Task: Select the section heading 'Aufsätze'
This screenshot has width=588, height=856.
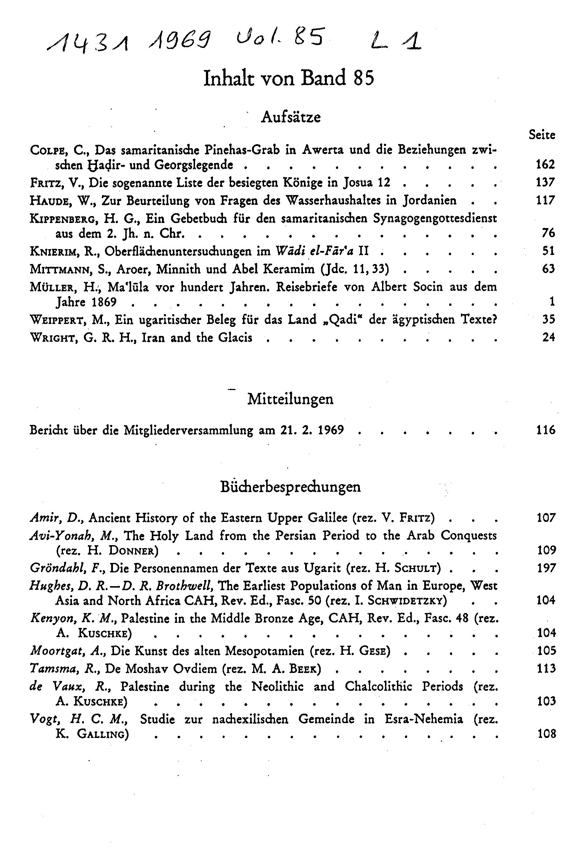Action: (x=291, y=117)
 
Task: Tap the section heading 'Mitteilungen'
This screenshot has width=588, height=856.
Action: (x=290, y=399)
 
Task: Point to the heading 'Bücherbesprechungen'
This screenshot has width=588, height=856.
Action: (x=290, y=487)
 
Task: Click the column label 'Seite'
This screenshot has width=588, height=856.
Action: (x=542, y=135)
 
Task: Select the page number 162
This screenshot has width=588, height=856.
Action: (x=545, y=164)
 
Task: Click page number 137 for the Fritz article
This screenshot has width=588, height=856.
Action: (x=545, y=182)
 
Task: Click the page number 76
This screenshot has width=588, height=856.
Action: (x=548, y=233)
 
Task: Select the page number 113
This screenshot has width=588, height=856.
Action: (x=546, y=668)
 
